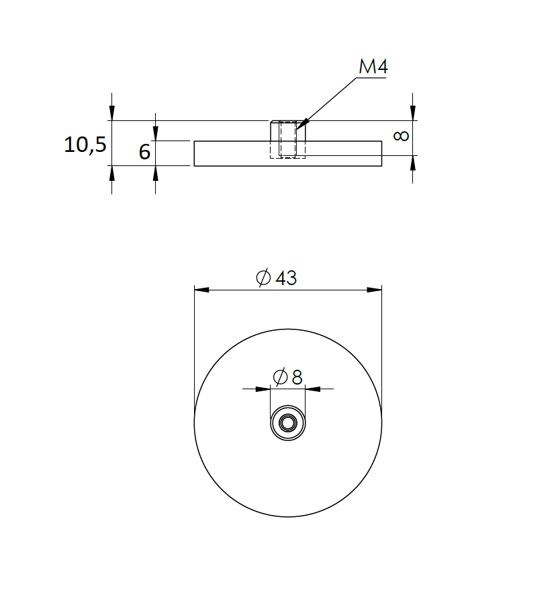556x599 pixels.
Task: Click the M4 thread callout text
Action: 373,67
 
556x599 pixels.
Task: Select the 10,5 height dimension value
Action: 85,144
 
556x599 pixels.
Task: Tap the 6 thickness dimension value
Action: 144,152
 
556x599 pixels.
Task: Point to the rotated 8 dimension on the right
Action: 401,136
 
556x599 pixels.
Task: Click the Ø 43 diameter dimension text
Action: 277,278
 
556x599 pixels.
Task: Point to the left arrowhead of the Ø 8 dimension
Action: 263,389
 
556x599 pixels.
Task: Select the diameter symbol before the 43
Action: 264,278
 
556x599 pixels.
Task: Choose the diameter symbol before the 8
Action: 281,377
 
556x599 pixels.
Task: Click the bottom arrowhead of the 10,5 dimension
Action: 111,173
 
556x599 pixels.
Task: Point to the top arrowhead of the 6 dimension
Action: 156,133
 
